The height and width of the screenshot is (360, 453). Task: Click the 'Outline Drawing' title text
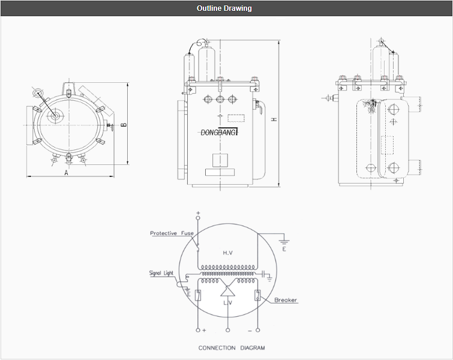tap(224, 8)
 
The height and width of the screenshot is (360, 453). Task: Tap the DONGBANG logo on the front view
tap(219, 133)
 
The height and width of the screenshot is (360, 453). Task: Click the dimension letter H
tap(274, 120)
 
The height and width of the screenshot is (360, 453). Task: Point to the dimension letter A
tap(66, 172)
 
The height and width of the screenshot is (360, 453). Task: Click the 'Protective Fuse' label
tap(172, 233)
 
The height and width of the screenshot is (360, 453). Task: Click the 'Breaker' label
tap(286, 299)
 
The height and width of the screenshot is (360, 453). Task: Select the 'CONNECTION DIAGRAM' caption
tap(232, 347)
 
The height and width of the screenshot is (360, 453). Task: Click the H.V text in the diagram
tap(227, 253)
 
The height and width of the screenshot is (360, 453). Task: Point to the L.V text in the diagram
tap(227, 304)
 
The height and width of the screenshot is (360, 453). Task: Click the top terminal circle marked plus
tap(198, 213)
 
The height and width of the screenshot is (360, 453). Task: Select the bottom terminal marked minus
tap(258, 330)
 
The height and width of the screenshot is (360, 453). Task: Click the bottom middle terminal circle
tap(227, 330)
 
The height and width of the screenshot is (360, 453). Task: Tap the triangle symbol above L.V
tap(227, 292)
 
